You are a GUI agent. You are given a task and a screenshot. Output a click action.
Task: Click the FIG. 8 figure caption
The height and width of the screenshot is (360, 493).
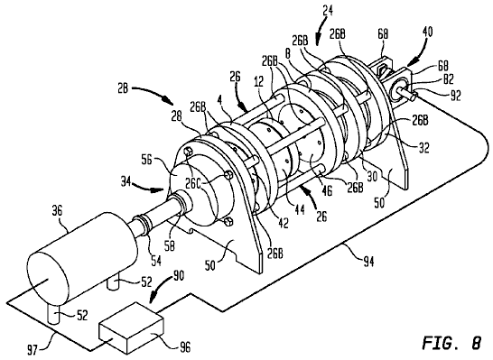pyautogui.click(x=451, y=343)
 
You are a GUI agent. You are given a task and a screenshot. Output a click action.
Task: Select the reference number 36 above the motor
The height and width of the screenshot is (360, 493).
pyautogui.click(x=58, y=211)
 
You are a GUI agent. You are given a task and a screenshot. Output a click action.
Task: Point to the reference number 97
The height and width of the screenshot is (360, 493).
pyautogui.click(x=33, y=349)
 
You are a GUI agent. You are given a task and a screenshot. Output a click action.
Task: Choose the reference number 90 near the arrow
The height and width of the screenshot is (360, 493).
pyautogui.click(x=178, y=276)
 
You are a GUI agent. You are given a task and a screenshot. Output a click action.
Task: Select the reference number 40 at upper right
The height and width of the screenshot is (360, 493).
pyautogui.click(x=426, y=32)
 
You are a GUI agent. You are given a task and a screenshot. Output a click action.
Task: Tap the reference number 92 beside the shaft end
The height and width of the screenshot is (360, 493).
pyautogui.click(x=455, y=96)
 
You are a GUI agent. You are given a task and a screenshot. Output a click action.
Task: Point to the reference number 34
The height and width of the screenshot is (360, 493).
pyautogui.click(x=126, y=181)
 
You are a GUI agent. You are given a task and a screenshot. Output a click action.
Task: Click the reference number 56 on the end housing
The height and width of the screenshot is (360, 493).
pyautogui.click(x=148, y=160)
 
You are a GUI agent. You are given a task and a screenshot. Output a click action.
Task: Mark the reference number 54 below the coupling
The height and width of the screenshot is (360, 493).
pyautogui.click(x=156, y=261)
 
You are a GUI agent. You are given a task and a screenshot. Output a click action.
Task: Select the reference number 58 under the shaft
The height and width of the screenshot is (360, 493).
pyautogui.click(x=169, y=246)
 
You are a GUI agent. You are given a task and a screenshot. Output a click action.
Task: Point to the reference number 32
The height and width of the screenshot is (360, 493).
pyautogui.click(x=423, y=148)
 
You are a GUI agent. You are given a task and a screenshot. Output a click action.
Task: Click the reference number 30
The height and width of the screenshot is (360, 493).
pyautogui.click(x=372, y=177)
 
